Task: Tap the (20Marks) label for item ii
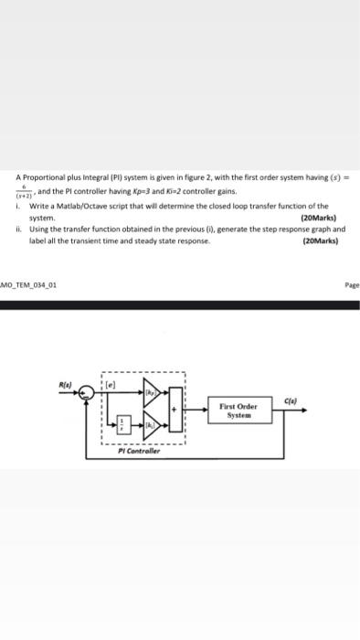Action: point(319,241)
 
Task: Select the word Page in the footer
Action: point(351,284)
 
